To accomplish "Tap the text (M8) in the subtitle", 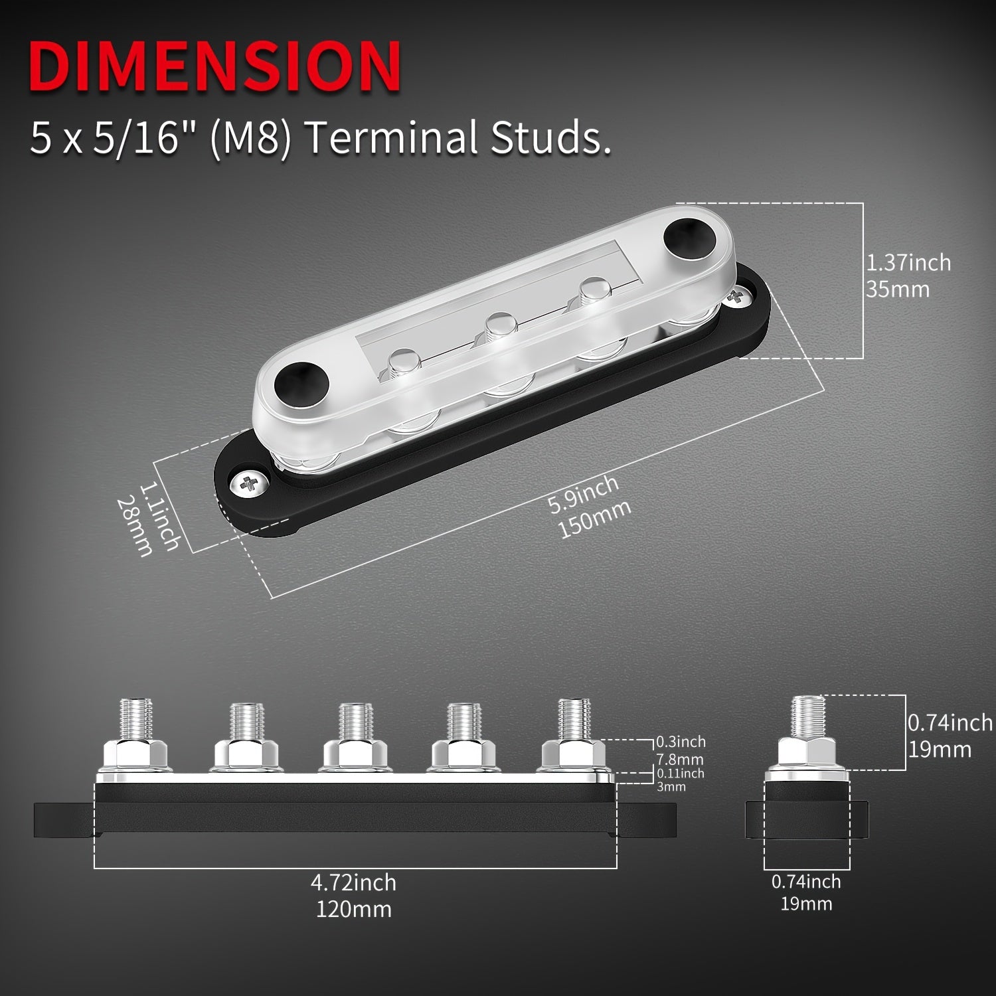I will pyautogui.click(x=250, y=137).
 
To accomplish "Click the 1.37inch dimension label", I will pyautogui.click(x=908, y=262).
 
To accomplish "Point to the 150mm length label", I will pyautogui.click(x=595, y=519).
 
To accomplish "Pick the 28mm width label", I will pyautogui.click(x=135, y=527).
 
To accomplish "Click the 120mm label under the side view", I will pyautogui.click(x=353, y=908).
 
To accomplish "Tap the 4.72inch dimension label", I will pyautogui.click(x=353, y=882).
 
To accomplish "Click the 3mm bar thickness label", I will pyautogui.click(x=671, y=787).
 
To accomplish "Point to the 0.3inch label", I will pyautogui.click(x=681, y=741).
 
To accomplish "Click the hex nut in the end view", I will pyautogui.click(x=806, y=754).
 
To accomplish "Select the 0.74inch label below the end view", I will pyautogui.click(x=806, y=882).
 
